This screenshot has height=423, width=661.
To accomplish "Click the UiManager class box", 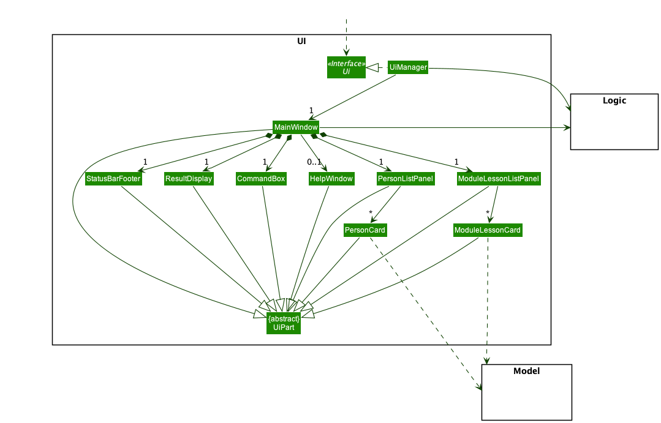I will point(407,67).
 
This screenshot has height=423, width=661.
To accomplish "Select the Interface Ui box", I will point(346,67).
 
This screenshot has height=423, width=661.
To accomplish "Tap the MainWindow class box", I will point(296,127).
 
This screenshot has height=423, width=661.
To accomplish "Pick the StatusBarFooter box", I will point(113,179).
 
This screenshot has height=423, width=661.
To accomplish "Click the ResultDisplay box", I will point(189,179).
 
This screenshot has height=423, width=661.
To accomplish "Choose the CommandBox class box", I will point(261,179).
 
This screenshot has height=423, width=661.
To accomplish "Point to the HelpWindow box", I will point(331,179).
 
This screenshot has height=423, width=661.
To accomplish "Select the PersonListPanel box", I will point(406,179).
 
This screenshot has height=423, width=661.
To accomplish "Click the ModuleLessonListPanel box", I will point(499,179).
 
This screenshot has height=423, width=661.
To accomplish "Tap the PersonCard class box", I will point(365,230).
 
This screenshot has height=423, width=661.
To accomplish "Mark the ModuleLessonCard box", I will point(488,230).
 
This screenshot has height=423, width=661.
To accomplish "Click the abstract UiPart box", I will point(284,323).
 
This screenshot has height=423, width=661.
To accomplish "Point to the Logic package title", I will point(614,101).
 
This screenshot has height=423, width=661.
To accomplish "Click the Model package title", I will point(526,371).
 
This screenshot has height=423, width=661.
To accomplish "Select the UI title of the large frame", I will point(301,42).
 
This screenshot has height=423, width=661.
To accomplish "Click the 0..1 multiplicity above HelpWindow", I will point(314,162).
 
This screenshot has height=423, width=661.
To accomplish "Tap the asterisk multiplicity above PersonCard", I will point(371,213).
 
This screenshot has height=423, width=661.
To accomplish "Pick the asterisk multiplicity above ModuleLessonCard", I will point(488,213).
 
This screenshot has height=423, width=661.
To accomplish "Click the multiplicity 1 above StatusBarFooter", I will point(145,162).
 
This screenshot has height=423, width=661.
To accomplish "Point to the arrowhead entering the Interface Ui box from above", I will point(346,53).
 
